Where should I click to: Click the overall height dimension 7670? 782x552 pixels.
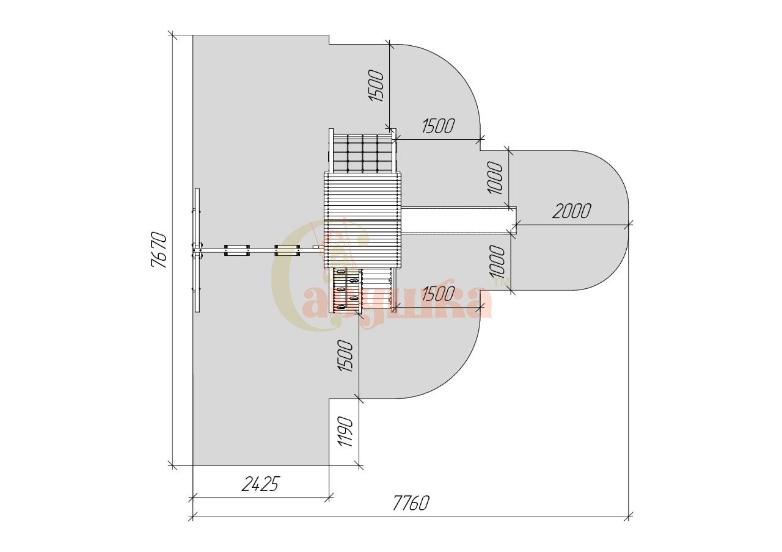159,250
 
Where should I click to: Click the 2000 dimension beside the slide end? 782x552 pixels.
571,211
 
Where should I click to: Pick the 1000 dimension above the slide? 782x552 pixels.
496,178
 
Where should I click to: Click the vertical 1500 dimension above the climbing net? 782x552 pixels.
376,86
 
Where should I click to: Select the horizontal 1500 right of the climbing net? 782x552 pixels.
439,126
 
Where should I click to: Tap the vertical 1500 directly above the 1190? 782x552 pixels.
346,356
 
